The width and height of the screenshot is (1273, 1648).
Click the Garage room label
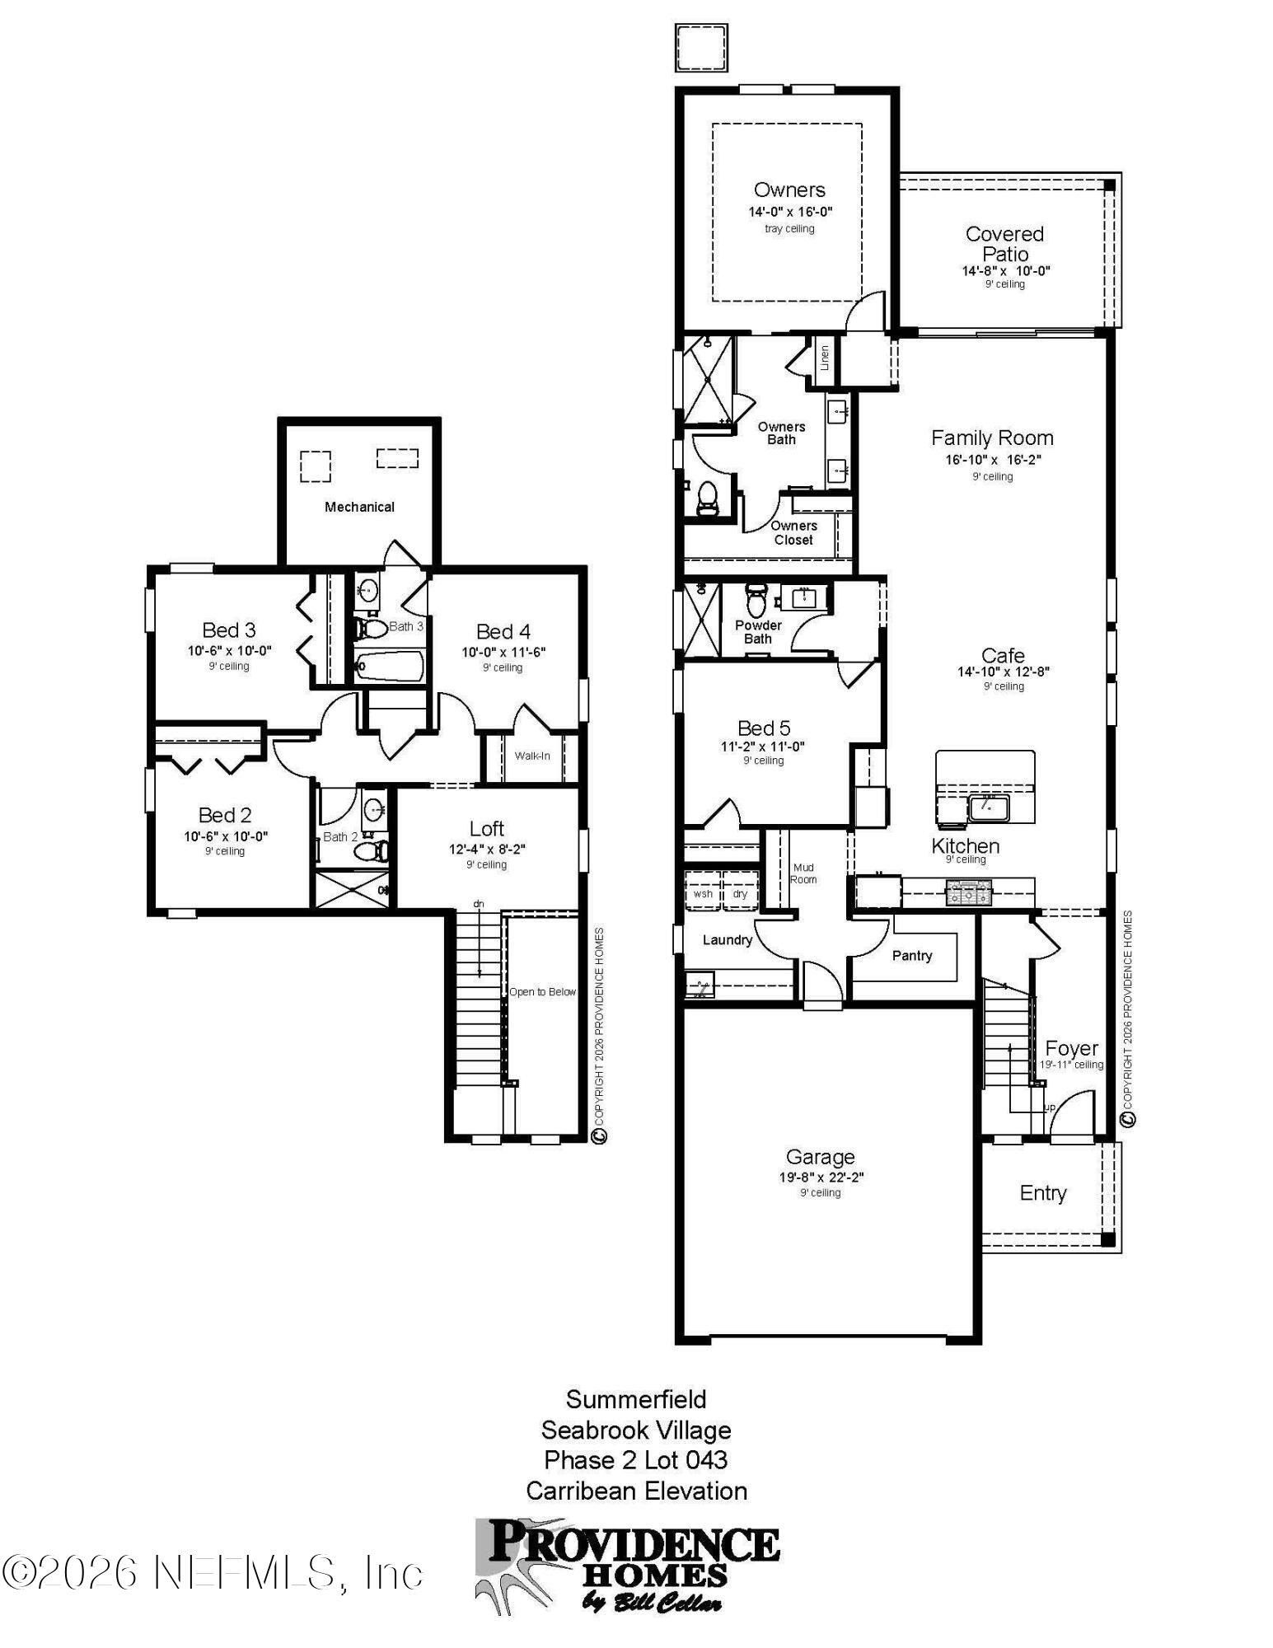coord(820,1157)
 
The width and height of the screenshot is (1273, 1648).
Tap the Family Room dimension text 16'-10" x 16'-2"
coord(993,460)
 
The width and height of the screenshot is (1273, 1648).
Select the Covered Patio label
coord(1004,244)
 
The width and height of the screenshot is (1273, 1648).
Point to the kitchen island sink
coord(985,807)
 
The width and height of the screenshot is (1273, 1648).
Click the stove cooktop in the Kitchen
coord(969,892)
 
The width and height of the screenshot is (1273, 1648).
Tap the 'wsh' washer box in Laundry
coord(703,893)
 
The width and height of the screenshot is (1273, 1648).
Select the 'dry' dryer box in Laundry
coord(740,893)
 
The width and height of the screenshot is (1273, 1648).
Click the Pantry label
coord(911,955)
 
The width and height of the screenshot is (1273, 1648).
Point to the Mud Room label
coord(803,873)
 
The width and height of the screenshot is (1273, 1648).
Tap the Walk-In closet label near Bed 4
coord(532,756)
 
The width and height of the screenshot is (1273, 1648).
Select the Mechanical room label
coord(359,507)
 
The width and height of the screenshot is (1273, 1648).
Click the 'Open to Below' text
coord(542,991)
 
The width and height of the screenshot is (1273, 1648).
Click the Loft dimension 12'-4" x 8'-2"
coord(486,849)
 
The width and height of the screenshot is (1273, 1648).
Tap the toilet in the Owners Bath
coord(707,498)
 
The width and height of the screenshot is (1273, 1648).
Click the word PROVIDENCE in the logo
coord(634,1541)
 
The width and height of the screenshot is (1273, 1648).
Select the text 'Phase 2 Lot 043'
coord(635,1459)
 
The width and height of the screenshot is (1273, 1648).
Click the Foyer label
coord(1071,1048)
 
